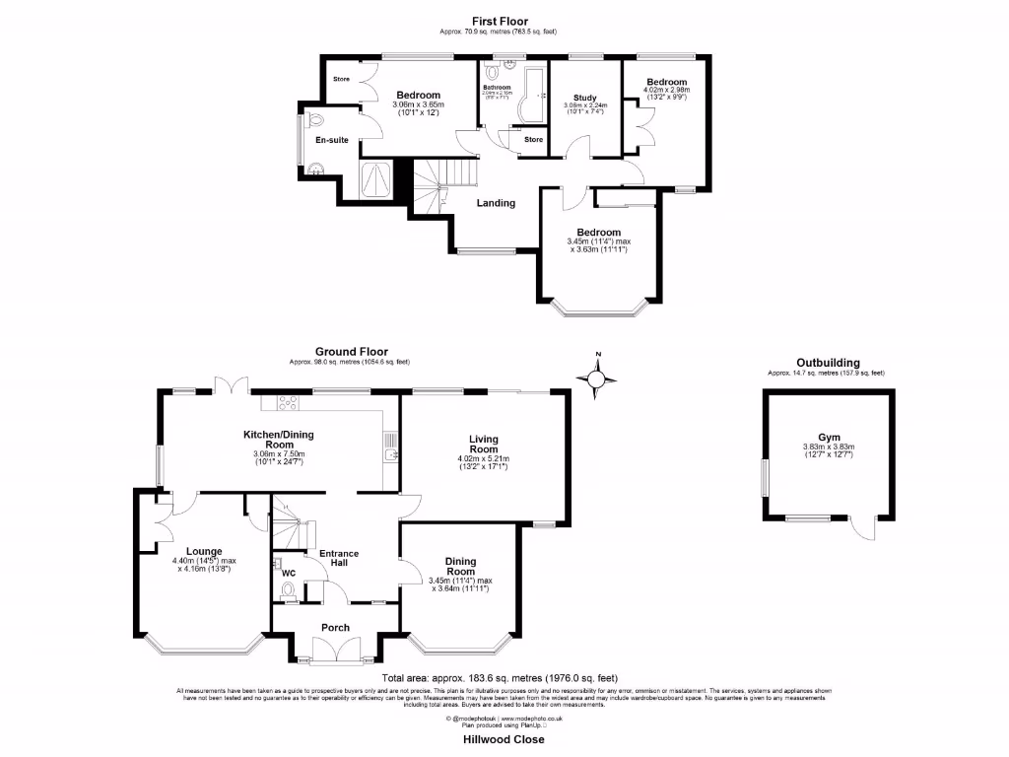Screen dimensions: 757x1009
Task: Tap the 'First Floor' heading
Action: [x=500, y=21]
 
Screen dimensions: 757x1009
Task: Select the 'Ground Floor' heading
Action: [x=351, y=351]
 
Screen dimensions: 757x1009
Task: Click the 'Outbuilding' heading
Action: [x=828, y=362]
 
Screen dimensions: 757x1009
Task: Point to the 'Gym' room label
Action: [x=829, y=437]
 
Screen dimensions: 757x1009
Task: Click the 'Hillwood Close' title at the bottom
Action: [x=504, y=739]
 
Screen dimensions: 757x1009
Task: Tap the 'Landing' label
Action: [x=496, y=204]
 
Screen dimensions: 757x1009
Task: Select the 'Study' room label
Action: [x=585, y=98]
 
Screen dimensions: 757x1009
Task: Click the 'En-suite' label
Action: [x=332, y=141]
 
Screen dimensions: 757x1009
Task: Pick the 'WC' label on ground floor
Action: [x=289, y=572]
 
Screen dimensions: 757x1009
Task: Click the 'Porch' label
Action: [x=336, y=628]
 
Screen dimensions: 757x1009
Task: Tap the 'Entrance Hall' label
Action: [x=338, y=559]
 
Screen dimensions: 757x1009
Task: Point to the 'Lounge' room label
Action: [x=203, y=551]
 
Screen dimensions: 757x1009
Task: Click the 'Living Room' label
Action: [x=483, y=445]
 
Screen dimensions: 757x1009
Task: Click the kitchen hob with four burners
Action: [x=290, y=402]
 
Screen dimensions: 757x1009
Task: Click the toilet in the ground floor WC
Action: [x=289, y=590]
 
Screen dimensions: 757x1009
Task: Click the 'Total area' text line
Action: [x=500, y=678]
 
